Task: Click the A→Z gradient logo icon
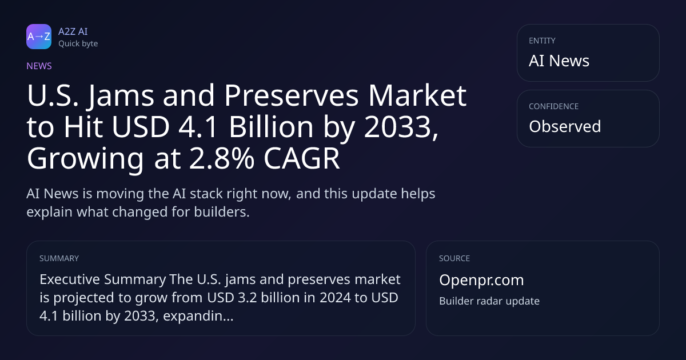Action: (39, 37)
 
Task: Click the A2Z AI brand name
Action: (73, 31)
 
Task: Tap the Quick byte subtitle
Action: (78, 44)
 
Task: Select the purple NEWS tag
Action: (39, 66)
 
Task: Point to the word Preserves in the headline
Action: (291, 95)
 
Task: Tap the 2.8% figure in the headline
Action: (222, 159)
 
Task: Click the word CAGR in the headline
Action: (302, 159)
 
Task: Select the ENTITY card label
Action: (542, 41)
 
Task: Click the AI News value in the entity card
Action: (559, 61)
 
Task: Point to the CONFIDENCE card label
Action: (554, 106)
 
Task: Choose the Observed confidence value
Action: (565, 126)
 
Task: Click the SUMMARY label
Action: (59, 258)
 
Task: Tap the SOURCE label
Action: (454, 258)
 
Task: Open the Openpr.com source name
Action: (481, 281)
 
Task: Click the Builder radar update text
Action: (489, 301)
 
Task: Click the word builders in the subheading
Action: (222, 212)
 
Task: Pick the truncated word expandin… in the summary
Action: (198, 316)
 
